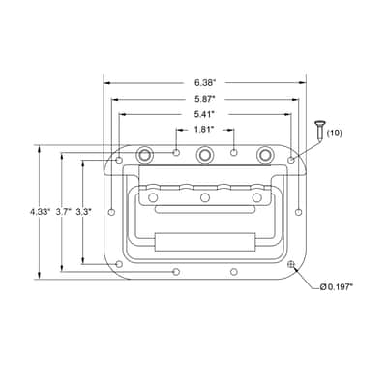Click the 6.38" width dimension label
pos(205,83)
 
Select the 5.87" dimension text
pos(205,99)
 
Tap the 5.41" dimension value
pos(204,114)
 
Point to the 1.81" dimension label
pos(204,130)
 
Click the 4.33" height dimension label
pos(41,212)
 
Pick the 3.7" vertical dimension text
pos(63,212)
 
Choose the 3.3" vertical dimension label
pos(83,212)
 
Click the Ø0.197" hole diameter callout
pos(337,287)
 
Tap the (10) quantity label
pos(335,134)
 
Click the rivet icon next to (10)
pos(319,131)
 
